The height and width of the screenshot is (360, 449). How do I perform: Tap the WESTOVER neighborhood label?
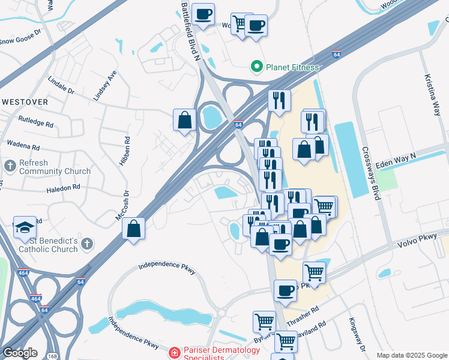(x=25, y=102)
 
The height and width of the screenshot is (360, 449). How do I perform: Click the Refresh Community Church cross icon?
(x=10, y=164)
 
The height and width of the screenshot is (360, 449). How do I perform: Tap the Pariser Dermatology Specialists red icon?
(x=174, y=352)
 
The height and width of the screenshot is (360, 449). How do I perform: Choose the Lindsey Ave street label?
(x=103, y=88)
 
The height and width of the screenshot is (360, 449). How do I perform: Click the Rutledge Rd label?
(x=36, y=125)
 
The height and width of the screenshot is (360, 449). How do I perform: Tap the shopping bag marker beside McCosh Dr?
(x=134, y=229)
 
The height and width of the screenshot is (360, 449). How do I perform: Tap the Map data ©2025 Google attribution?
(x=411, y=355)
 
